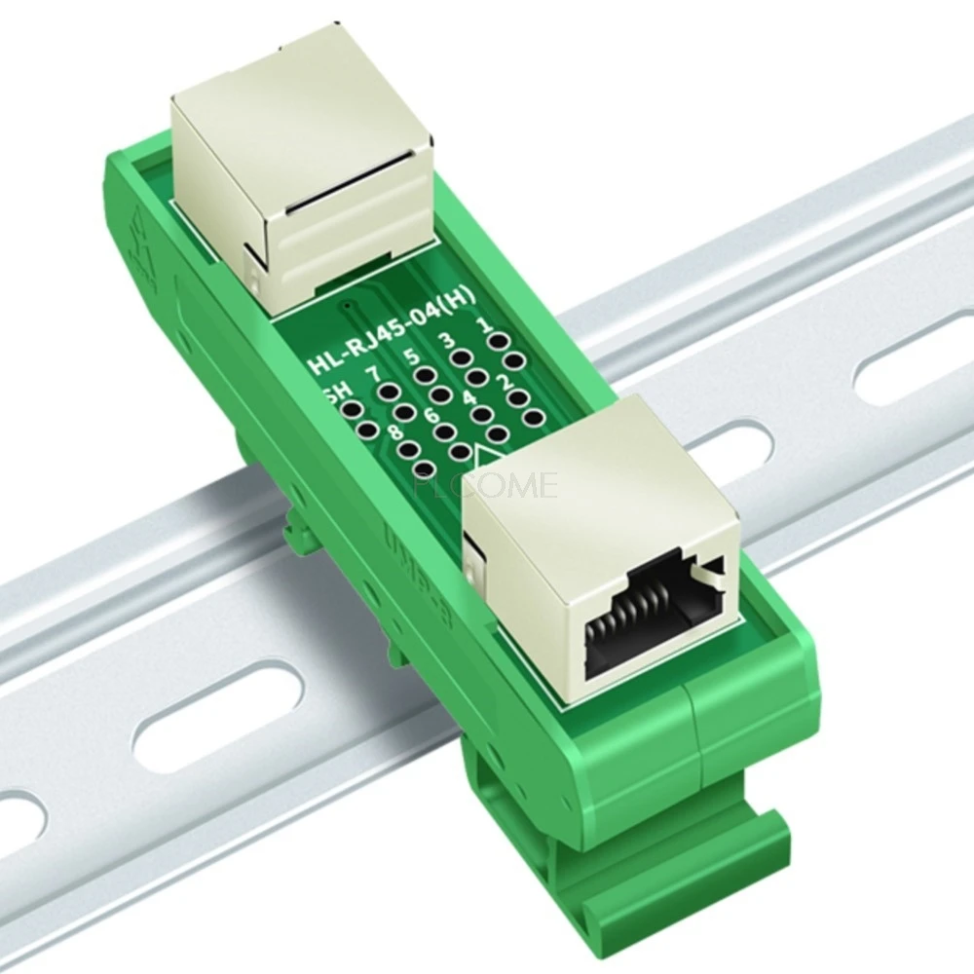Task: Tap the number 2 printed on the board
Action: [x=505, y=383]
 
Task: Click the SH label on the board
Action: [x=333, y=393]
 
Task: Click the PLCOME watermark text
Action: [x=486, y=484]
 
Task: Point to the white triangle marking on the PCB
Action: [x=485, y=455]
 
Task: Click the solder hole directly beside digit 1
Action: [x=499, y=342]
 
